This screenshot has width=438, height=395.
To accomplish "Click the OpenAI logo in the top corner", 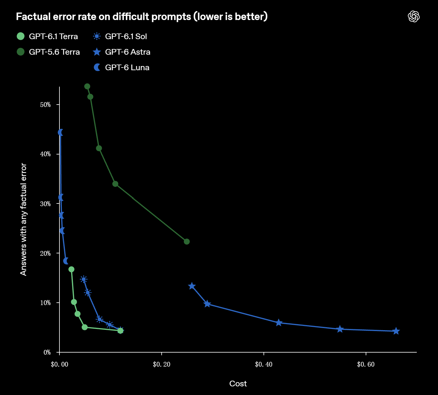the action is (414, 17).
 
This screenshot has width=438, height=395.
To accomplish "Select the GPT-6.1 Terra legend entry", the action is (47, 36).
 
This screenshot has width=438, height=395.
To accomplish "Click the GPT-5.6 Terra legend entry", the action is (48, 52).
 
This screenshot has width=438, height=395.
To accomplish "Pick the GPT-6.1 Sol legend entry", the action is (120, 36).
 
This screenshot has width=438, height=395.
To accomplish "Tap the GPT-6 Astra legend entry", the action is (122, 52).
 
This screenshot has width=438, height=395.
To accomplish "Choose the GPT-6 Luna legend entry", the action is (121, 68).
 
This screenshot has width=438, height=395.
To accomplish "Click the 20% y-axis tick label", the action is (45, 253).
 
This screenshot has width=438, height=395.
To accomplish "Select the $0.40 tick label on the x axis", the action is (264, 364).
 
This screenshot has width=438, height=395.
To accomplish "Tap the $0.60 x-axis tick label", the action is (366, 364).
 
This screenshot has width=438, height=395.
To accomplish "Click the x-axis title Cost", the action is (238, 384).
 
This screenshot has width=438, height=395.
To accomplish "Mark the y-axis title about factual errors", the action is (23, 219).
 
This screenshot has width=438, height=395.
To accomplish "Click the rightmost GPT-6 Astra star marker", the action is (396, 331).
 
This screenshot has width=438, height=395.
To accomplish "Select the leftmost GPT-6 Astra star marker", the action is (192, 286).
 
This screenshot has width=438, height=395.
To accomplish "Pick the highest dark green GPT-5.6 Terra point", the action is (87, 86).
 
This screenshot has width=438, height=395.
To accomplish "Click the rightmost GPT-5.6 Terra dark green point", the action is (187, 241).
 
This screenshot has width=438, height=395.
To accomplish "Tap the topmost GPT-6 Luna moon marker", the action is (60, 132).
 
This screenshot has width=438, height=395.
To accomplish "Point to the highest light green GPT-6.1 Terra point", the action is (71, 269).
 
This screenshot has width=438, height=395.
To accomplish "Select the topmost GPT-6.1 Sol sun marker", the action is (84, 279).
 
